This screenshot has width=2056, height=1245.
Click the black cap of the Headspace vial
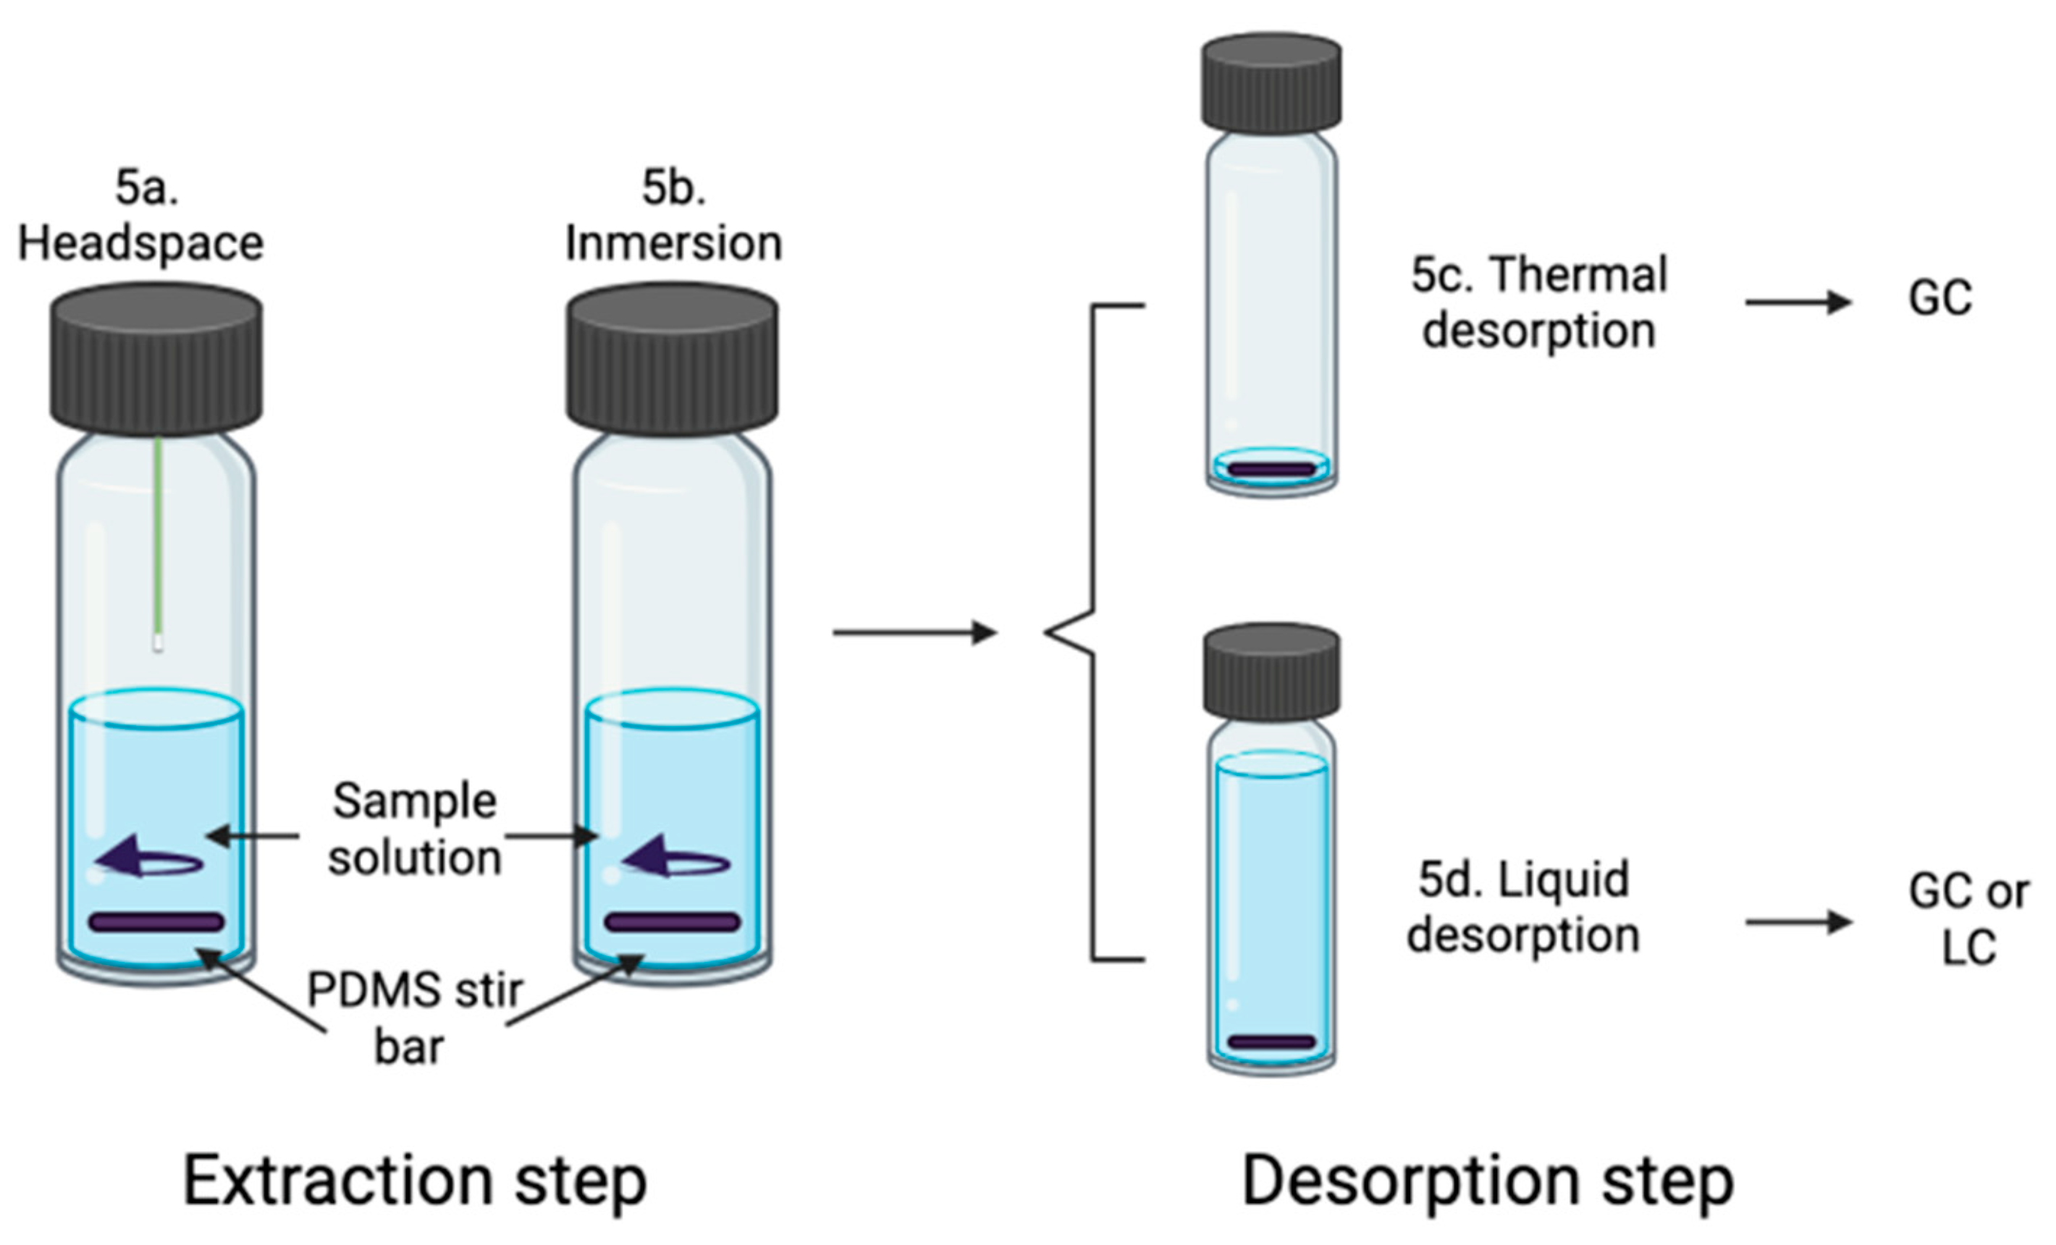(156, 359)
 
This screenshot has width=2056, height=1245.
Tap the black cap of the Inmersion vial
(673, 359)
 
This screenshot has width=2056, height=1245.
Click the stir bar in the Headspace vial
(157, 922)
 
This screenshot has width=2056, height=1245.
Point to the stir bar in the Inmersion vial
(673, 922)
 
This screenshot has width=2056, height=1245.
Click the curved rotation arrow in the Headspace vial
(148, 859)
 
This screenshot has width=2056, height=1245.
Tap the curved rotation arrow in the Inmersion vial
(676, 859)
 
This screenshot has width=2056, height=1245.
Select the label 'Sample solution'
(415, 830)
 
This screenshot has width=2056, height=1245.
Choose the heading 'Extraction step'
(415, 1181)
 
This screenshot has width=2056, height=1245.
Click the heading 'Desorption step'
(1488, 1181)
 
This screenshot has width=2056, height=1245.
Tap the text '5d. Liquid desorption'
(1524, 907)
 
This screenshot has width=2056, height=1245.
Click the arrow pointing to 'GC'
(1798, 301)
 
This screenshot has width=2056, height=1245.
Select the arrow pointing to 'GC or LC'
(1798, 922)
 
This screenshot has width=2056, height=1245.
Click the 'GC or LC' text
(1968, 919)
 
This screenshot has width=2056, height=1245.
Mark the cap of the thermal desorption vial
(1271, 83)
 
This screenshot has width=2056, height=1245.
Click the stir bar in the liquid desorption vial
(1271, 1042)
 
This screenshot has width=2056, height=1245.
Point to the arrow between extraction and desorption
(914, 633)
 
